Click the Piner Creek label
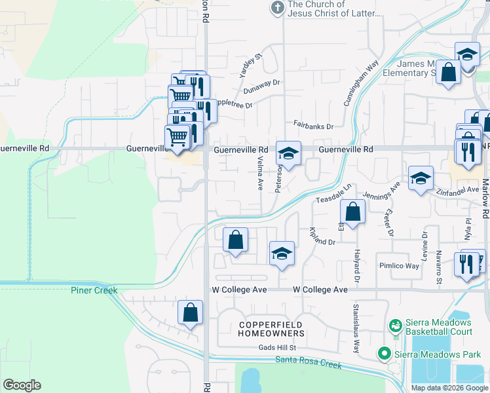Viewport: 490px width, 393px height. [94, 290]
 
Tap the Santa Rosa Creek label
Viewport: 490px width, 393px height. [308, 361]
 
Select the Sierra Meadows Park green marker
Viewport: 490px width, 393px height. [386, 354]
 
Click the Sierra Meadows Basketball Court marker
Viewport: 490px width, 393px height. [394, 326]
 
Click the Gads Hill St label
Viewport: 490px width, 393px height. [277, 347]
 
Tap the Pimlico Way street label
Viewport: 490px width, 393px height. [398, 266]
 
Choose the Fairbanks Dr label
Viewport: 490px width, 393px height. [313, 125]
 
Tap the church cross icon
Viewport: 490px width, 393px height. [276, 8]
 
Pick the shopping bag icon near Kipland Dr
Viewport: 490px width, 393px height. [352, 213]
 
